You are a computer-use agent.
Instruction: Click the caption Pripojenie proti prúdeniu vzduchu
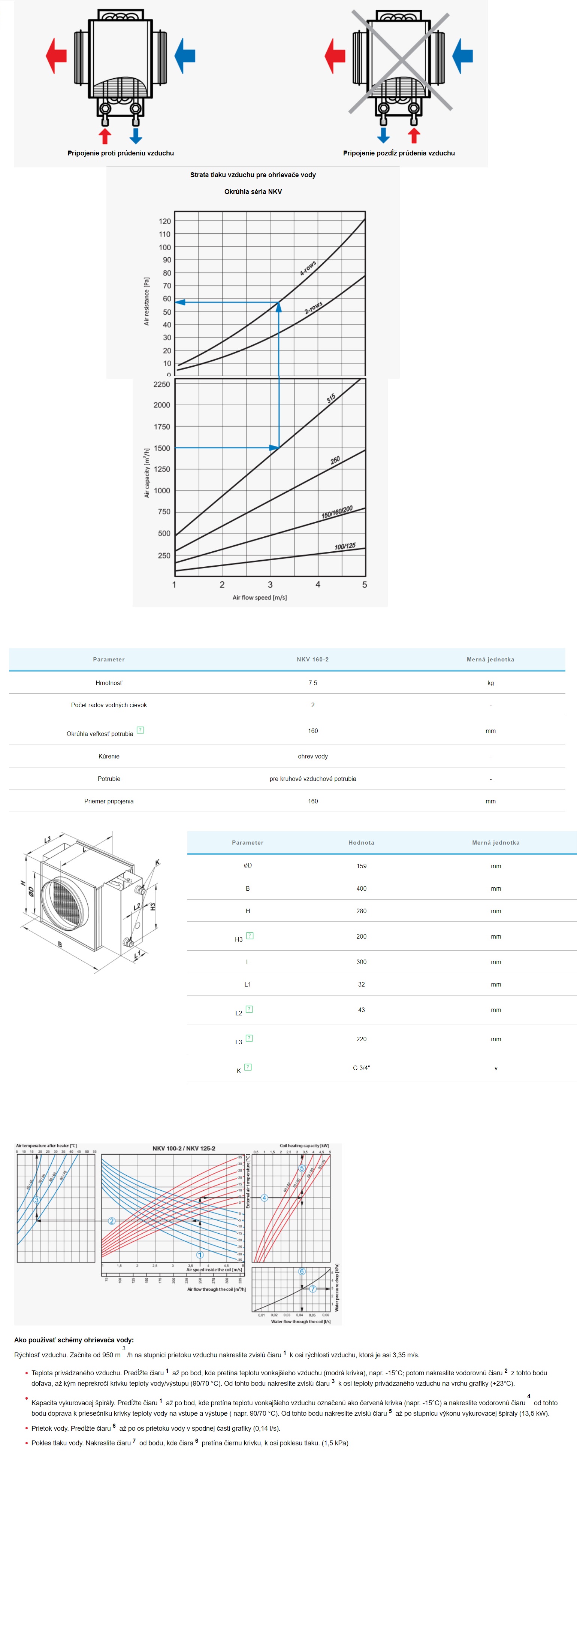(121, 153)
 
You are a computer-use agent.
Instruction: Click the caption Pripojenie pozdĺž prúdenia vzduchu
(399, 153)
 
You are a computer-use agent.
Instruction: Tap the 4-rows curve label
(308, 268)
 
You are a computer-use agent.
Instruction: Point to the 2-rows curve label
(314, 307)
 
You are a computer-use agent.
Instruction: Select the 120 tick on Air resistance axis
(165, 221)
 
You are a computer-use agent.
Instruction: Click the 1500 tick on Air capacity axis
(162, 448)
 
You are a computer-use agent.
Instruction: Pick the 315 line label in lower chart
(330, 398)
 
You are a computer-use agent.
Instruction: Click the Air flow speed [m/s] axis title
(260, 597)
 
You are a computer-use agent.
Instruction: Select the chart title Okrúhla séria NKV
(253, 191)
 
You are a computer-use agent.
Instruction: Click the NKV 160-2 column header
(313, 660)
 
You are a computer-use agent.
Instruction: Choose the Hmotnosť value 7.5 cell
(313, 683)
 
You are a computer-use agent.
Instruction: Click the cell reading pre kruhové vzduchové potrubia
(313, 779)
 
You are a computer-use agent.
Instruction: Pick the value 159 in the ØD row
(362, 866)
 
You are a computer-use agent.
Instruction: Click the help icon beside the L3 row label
(249, 1038)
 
